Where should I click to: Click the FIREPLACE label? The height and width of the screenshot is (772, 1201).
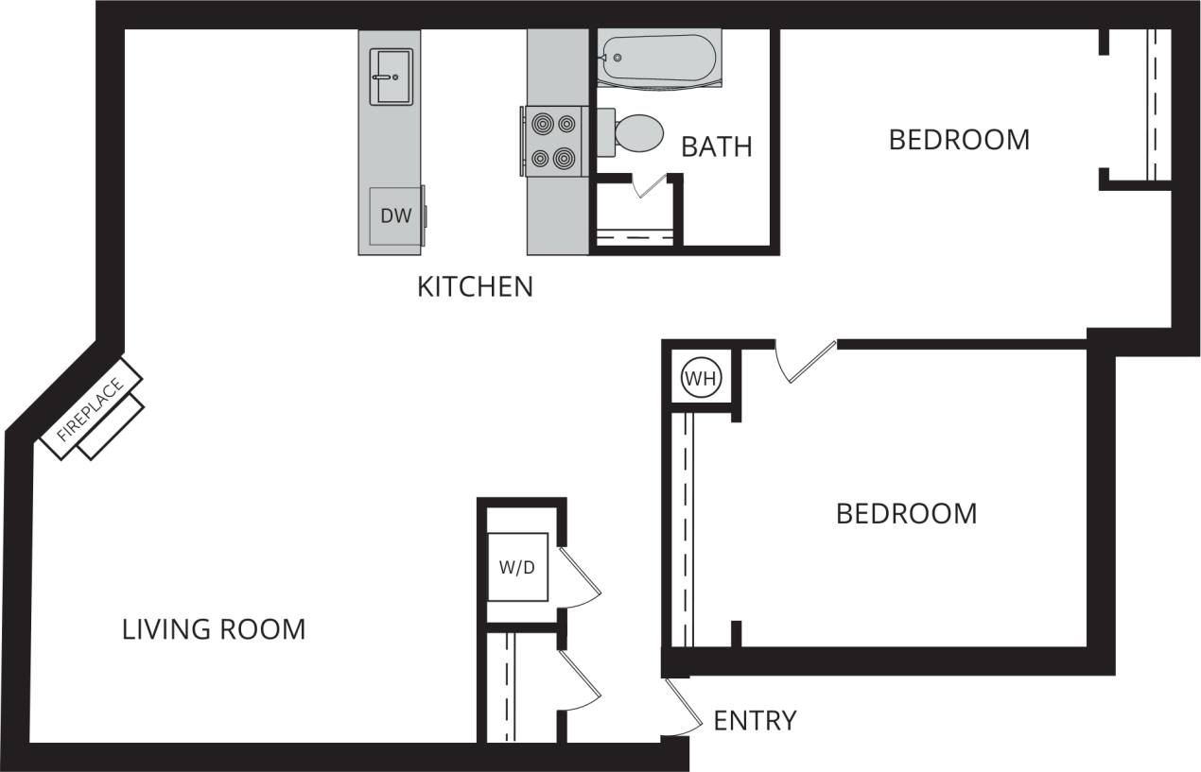91,411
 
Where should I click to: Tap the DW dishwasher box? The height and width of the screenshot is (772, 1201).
396,215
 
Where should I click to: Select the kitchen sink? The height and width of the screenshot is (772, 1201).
391,77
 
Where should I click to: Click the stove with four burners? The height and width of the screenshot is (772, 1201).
554,140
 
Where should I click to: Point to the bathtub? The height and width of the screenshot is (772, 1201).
657,59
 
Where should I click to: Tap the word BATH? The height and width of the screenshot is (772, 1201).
717,146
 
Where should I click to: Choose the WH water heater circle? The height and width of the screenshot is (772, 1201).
701,380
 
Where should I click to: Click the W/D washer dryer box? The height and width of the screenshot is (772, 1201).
517,567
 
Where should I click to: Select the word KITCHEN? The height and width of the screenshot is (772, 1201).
475,286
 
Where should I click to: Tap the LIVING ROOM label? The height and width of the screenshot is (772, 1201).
214,629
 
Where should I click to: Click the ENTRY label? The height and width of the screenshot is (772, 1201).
755,721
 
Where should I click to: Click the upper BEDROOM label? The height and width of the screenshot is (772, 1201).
959,140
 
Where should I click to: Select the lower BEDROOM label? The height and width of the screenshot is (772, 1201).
906,514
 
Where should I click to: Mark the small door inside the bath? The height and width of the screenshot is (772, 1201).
652,186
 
